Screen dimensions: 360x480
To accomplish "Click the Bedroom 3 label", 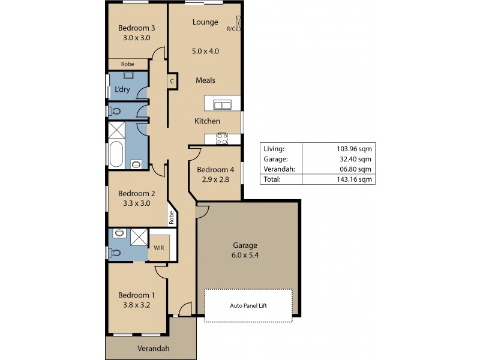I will (x=137, y=28).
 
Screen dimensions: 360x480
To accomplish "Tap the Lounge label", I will (x=205, y=23).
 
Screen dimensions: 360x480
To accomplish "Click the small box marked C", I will (x=172, y=81).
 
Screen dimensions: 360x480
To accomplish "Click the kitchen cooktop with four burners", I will (x=222, y=139).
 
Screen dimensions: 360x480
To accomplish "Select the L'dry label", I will (x=122, y=90).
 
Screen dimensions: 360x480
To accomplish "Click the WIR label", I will (x=158, y=247).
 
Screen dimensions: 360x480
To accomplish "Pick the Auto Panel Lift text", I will (x=248, y=305).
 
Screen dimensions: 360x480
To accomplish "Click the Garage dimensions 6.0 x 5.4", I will (x=245, y=255).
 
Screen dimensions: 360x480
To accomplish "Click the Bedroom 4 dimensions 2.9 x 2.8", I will (x=215, y=179).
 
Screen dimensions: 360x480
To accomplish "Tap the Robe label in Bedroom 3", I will (x=127, y=64).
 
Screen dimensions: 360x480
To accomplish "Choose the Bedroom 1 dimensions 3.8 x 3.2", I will (x=137, y=305).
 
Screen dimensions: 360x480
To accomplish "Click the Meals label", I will (x=205, y=80).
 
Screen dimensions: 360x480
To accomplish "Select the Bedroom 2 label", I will (x=137, y=193).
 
